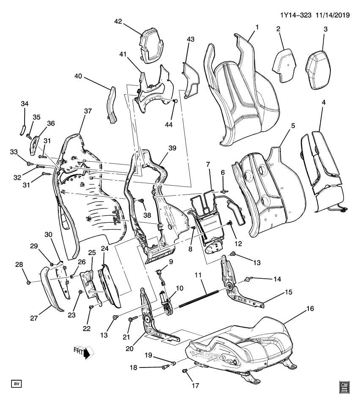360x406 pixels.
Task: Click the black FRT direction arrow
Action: tap(87, 353)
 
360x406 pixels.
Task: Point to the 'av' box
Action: tap(16, 383)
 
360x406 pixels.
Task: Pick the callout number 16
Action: tap(311, 310)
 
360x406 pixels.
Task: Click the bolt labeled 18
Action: tap(165, 367)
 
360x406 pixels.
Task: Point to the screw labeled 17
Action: tap(184, 371)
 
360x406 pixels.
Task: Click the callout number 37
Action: tap(87, 111)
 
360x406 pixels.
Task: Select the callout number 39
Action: tap(172, 148)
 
